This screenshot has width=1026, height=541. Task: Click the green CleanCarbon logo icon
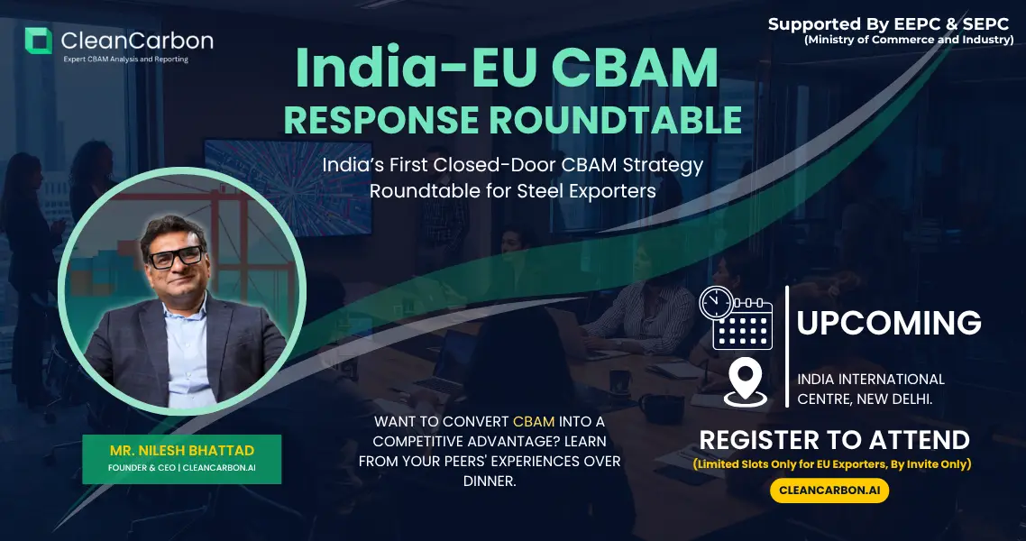[38, 41]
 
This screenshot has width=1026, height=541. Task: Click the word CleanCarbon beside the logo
[137, 41]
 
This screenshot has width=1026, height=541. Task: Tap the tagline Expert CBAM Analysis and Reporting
[125, 60]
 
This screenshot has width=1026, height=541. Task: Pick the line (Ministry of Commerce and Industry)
[909, 40]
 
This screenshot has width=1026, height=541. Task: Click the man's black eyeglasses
[176, 256]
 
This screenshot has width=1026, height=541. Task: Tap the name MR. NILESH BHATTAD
[182, 451]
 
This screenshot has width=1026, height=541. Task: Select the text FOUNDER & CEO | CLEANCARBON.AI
[182, 468]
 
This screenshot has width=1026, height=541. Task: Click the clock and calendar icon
[736, 317]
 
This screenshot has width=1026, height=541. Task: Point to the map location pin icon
[746, 382]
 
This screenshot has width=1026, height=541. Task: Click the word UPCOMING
[889, 323]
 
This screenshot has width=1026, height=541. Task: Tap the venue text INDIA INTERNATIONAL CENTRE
[870, 389]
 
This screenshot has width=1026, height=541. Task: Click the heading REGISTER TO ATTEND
[834, 440]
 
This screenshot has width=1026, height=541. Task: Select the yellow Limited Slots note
[832, 463]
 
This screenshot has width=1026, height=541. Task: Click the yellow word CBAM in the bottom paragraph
[533, 421]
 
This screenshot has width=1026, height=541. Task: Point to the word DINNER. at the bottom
[490, 481]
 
